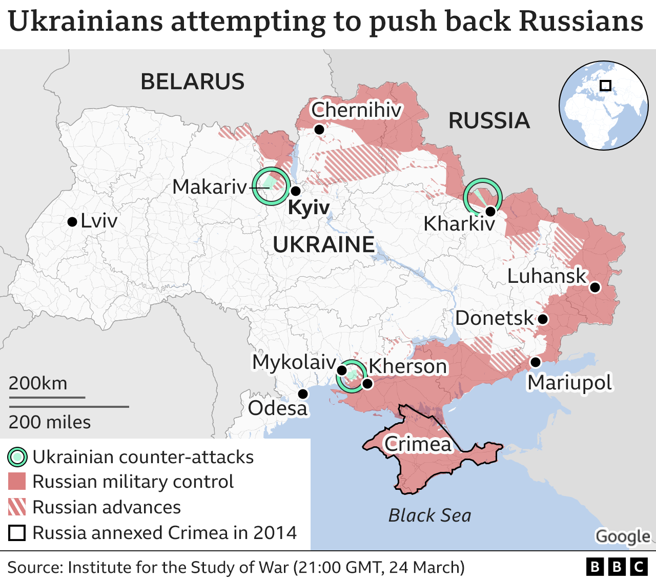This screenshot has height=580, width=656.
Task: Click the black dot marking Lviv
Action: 72,222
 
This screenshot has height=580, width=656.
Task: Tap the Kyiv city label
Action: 309,208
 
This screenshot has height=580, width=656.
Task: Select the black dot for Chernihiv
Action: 319,130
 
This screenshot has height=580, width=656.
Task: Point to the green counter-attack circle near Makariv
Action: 271,187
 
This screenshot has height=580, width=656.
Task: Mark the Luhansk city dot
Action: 594,287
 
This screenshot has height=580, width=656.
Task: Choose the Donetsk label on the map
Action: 494,318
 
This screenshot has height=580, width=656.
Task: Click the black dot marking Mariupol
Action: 535,362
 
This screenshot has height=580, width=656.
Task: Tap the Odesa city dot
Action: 303,393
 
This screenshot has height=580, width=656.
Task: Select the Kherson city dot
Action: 367,383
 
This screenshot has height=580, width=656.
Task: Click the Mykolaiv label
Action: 294,362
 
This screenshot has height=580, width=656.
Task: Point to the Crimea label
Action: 418,444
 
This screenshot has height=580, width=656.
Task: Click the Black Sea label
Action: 429,515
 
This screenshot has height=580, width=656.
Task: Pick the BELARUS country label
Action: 193,82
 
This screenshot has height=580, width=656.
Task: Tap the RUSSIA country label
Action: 489,121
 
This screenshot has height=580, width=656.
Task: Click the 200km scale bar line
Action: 47,397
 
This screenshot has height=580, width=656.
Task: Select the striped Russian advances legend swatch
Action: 17,507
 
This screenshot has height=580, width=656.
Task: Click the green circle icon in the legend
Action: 17,457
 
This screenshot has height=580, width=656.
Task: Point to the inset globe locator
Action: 603,106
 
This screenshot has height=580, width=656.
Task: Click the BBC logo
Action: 617,567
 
